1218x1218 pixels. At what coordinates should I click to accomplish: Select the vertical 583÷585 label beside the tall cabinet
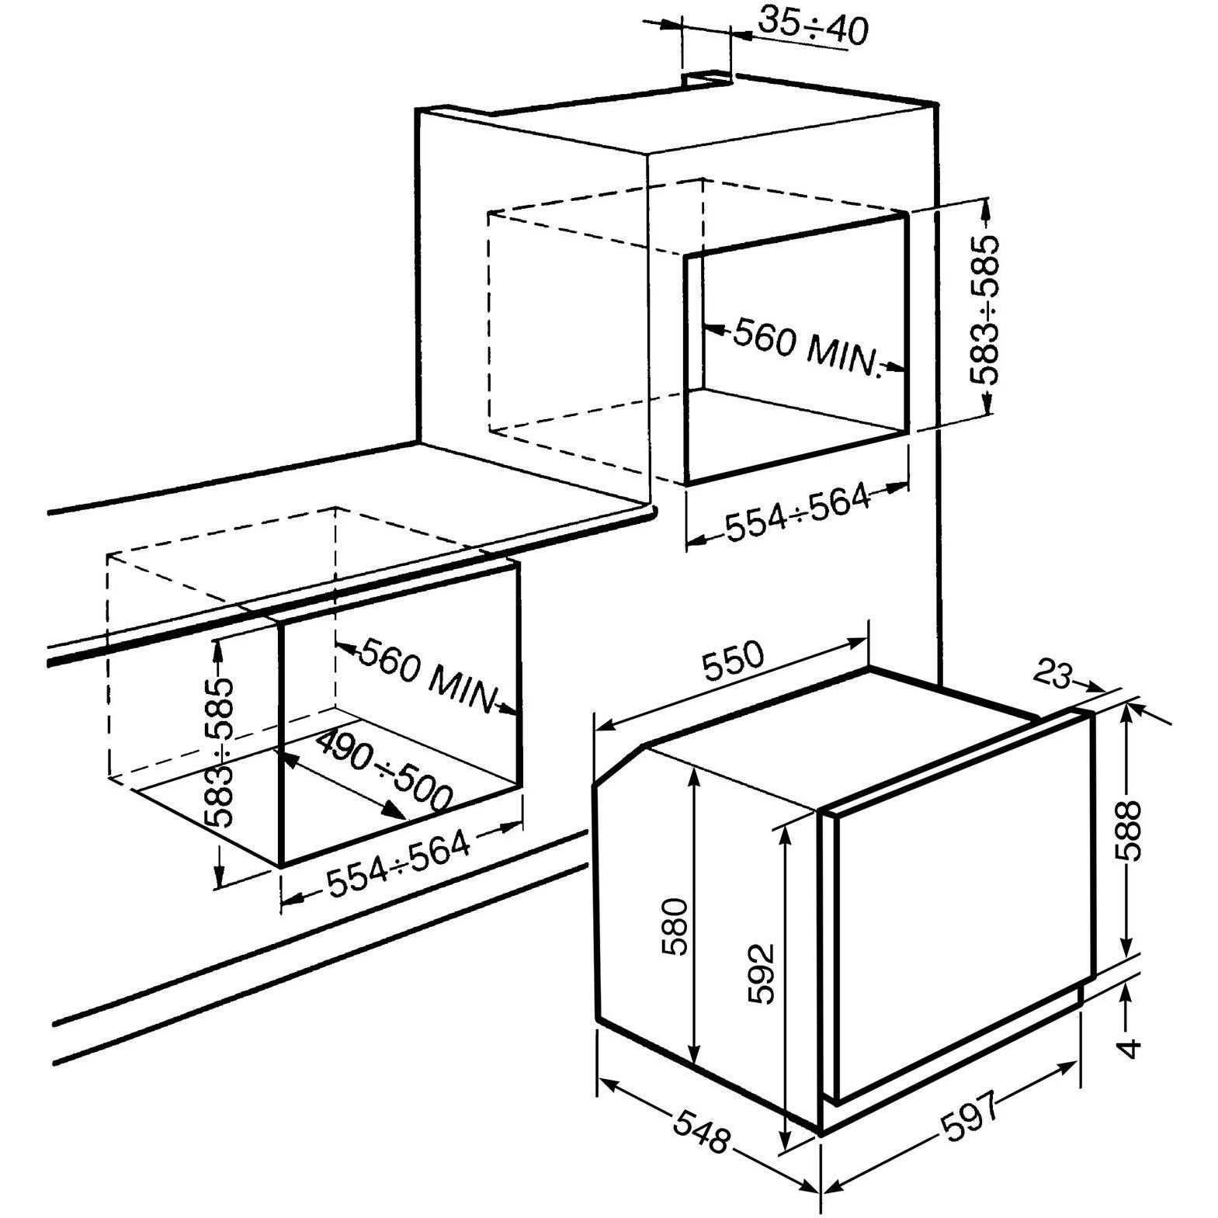click(x=984, y=310)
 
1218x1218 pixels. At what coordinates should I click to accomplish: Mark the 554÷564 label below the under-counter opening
click(x=397, y=863)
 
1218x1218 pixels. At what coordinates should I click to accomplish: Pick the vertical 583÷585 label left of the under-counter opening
click(x=220, y=752)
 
